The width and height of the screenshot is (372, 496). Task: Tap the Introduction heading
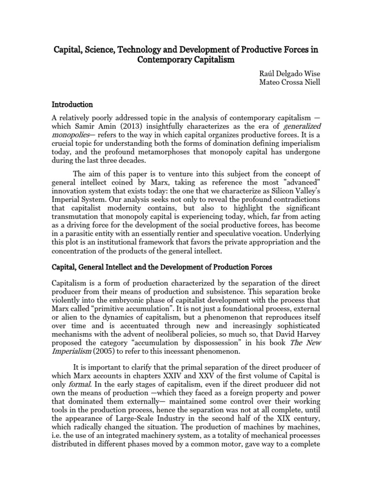coord(72,104)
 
